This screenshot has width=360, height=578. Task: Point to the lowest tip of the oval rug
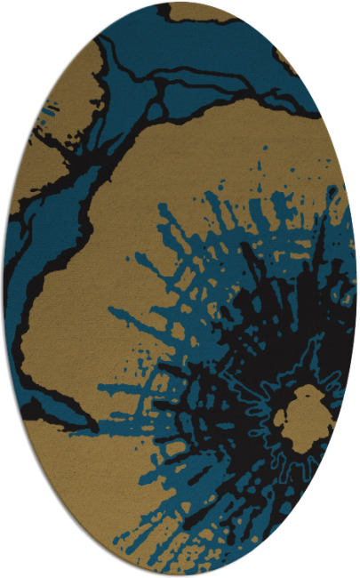tap(180, 574)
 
